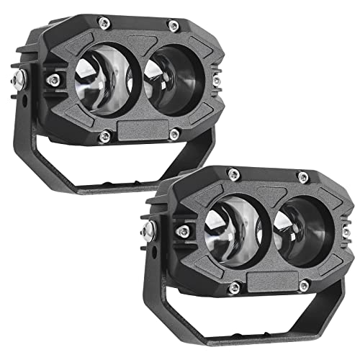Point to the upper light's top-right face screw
(173, 27)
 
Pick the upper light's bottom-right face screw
(174, 132)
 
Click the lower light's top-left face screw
(232, 171)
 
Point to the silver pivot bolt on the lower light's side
(148, 228)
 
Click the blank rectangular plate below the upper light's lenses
(140, 135)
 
